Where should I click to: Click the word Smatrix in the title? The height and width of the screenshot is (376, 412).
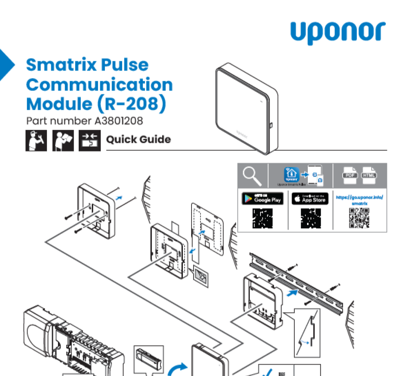(55, 64)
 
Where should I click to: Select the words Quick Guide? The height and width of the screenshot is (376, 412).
(138, 140)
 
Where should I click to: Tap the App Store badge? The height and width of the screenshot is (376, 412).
(310, 199)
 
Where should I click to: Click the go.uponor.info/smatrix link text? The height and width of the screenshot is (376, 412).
(359, 200)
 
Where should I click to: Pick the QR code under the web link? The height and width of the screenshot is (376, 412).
(359, 218)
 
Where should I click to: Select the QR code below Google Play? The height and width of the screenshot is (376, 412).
(262, 218)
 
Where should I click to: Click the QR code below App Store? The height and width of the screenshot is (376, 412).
(311, 218)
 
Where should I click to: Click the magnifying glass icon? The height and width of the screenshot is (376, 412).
(252, 175)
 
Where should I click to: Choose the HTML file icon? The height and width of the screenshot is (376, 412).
(368, 175)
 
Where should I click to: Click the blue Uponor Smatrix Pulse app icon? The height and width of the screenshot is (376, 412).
(291, 174)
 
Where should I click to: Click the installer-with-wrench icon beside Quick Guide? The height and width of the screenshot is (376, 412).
(36, 141)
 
